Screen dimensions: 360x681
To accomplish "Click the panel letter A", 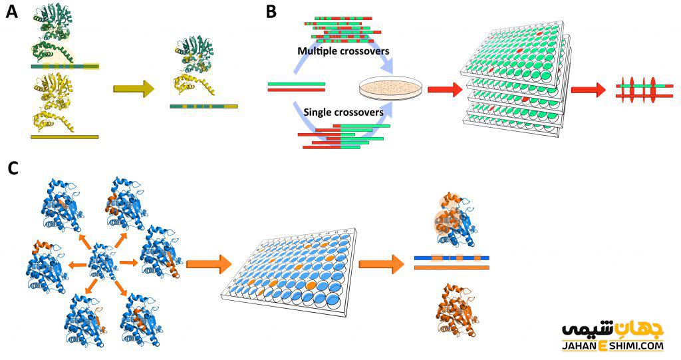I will pyautogui.click(x=12, y=12).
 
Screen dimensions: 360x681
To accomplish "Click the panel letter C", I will pyautogui.click(x=13, y=168).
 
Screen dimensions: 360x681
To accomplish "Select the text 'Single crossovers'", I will pyautogui.click(x=343, y=112).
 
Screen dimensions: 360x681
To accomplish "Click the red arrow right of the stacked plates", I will pyautogui.click(x=588, y=89).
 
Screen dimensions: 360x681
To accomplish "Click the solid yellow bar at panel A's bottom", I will pyautogui.click(x=65, y=137).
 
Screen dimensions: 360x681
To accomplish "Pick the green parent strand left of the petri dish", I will pyautogui.click(x=296, y=84).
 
